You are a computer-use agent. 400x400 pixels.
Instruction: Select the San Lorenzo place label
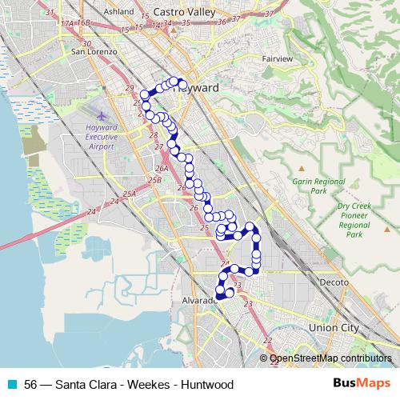point(94,51)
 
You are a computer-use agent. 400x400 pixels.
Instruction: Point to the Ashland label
point(118,12)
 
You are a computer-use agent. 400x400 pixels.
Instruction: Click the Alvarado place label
point(200,299)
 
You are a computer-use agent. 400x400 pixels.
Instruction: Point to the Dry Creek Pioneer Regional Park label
point(355,220)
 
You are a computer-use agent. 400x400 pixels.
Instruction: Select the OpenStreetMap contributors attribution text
point(330,358)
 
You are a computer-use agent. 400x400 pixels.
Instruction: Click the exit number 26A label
point(162,169)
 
